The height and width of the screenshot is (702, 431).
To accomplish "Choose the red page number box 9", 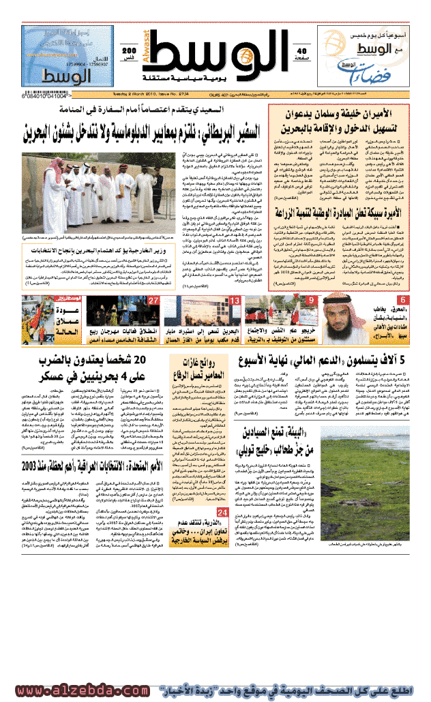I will (x=312, y=301).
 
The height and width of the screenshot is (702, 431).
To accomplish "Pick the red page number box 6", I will (x=403, y=301).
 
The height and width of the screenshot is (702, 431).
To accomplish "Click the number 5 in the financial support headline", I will (x=402, y=361).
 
